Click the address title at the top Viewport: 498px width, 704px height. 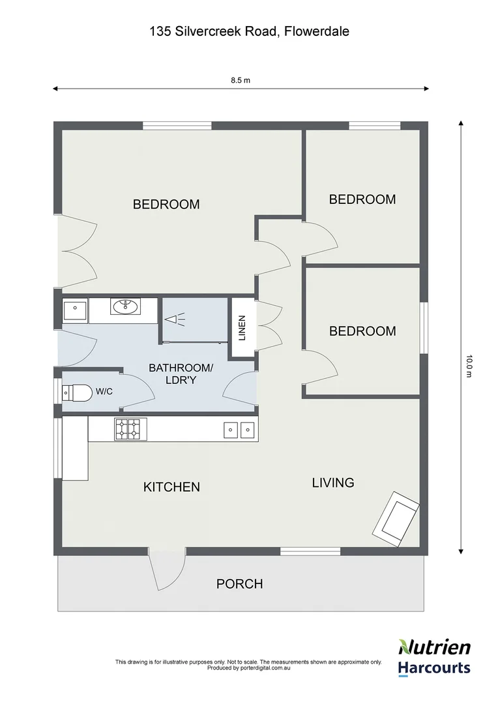249,31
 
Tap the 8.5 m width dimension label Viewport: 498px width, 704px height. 241,81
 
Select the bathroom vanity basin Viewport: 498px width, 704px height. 125,306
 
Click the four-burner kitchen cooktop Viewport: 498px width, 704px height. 127,429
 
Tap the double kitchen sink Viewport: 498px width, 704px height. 238,429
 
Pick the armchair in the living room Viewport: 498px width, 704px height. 396,520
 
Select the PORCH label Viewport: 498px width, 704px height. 239,584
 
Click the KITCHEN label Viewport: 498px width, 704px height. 171,487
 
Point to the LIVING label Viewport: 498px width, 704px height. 333,483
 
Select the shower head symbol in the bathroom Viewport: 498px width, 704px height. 174,319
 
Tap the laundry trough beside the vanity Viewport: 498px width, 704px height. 75,310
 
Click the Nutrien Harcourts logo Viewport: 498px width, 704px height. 433,656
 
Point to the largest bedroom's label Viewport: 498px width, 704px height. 166,204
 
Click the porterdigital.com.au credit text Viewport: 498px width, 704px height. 248,668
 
